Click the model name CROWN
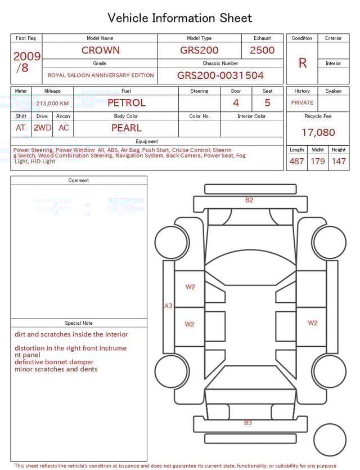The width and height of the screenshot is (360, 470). pyautogui.click(x=100, y=50)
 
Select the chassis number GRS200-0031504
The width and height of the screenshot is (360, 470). pyautogui.click(x=220, y=75)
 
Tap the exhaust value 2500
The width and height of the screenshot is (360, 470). pyautogui.click(x=262, y=50)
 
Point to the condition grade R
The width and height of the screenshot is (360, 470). pyautogui.click(x=302, y=63)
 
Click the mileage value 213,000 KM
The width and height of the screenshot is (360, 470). pyautogui.click(x=52, y=104)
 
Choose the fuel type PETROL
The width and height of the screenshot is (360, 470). pyautogui.click(x=126, y=103)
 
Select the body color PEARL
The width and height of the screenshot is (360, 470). pyautogui.click(x=126, y=128)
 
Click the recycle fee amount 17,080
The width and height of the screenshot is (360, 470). pyautogui.click(x=318, y=133)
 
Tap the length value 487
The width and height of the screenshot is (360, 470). pyautogui.click(x=296, y=162)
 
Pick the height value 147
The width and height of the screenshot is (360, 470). pyautogui.click(x=339, y=162)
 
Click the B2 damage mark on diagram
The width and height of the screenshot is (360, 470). pyautogui.click(x=249, y=200)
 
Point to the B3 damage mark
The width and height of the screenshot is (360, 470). pyautogui.click(x=248, y=423)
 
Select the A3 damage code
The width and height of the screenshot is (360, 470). pyautogui.click(x=168, y=306)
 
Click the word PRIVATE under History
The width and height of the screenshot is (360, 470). pyautogui.click(x=302, y=103)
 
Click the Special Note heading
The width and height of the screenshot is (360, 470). pyautogui.click(x=79, y=323)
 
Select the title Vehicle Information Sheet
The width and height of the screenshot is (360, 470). pyautogui.click(x=180, y=18)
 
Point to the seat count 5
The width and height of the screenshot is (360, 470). pyautogui.click(x=267, y=103)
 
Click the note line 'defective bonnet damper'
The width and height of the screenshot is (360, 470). pyautogui.click(x=54, y=362)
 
